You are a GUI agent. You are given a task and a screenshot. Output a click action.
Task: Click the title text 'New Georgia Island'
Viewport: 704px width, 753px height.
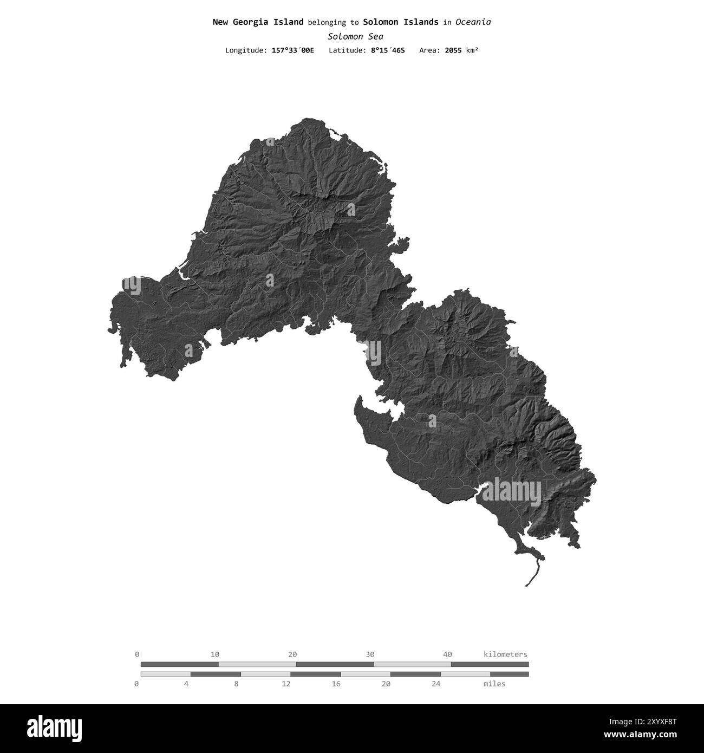click(x=258, y=22)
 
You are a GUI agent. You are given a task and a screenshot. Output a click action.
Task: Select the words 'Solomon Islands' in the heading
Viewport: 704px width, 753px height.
click(x=401, y=22)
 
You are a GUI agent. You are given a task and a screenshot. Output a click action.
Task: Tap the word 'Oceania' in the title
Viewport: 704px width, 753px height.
click(x=473, y=22)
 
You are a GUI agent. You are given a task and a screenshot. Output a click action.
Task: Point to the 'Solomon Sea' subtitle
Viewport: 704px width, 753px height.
click(x=355, y=36)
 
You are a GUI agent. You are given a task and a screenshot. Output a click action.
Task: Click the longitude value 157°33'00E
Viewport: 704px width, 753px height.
click(x=292, y=50)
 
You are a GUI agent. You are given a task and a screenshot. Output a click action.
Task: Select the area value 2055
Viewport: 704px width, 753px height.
click(x=454, y=50)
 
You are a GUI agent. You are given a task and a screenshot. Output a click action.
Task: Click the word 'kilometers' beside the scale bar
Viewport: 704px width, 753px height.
click(x=505, y=654)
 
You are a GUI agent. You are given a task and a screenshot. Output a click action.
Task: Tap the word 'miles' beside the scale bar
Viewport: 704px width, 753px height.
click(x=494, y=684)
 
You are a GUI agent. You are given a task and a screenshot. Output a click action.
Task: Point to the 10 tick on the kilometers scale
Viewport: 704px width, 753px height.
click(x=215, y=654)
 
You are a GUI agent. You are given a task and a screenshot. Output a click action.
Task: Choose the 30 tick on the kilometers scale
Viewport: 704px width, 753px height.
click(x=370, y=654)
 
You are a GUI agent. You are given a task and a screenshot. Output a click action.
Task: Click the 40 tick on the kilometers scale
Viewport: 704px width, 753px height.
click(x=447, y=654)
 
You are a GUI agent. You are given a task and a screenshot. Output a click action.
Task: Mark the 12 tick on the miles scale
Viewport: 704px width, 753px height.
click(x=286, y=684)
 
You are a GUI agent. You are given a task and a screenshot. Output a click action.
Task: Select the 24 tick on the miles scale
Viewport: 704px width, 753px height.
click(x=436, y=684)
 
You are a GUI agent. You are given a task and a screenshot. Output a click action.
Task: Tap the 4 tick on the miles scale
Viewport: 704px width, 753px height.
click(x=186, y=684)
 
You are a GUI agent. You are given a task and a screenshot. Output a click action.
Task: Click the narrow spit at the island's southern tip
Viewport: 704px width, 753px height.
click(x=535, y=572)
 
